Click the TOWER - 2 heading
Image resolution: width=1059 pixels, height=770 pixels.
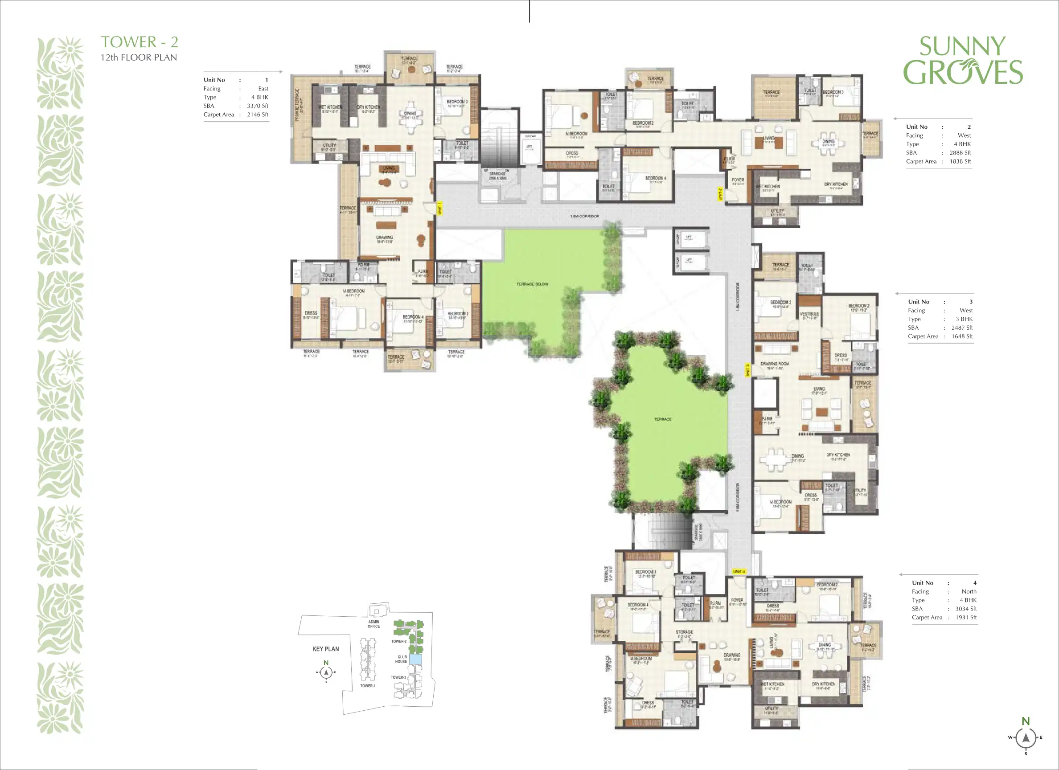tap(140, 42)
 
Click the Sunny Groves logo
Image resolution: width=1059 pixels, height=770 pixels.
tap(963, 61)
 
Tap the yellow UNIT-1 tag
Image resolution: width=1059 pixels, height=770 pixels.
tap(439, 208)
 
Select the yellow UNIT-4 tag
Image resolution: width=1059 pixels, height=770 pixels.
tap(739, 572)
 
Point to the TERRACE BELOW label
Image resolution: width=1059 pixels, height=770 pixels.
tap(532, 284)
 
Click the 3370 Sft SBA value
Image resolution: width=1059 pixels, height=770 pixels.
tap(257, 106)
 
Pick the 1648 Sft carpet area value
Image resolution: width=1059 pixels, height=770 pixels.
tap(962, 336)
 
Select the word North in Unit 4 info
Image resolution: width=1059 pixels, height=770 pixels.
tap(969, 591)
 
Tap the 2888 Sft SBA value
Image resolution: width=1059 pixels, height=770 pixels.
tap(960, 153)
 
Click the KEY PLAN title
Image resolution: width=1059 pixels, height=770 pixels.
tap(325, 649)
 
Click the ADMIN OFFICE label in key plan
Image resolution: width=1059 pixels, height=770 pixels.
tap(374, 624)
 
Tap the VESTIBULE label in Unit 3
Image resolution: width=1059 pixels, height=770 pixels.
tap(809, 314)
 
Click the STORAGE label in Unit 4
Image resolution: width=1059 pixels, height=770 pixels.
tap(684, 632)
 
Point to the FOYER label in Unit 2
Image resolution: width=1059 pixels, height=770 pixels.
tap(738, 180)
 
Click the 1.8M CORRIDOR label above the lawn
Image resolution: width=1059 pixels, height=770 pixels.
tap(584, 216)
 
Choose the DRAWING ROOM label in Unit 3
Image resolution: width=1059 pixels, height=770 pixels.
tap(775, 363)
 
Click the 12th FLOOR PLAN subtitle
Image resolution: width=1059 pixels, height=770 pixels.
tap(139, 57)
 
